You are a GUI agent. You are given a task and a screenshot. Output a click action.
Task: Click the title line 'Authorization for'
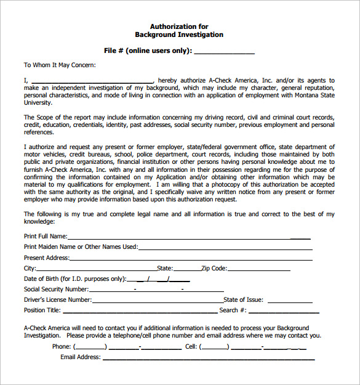pos(179,26)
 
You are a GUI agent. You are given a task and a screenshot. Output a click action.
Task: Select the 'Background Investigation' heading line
pos(179,35)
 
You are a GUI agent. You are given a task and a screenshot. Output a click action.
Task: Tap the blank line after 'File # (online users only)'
pos(224,51)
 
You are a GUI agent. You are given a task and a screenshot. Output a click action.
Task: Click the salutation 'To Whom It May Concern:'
pos(60,65)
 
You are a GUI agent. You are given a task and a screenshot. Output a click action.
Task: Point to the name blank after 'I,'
pos(92,80)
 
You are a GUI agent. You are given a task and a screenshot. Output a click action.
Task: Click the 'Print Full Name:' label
pos(46,236)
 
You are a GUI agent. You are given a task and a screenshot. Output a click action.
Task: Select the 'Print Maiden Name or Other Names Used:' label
pos(81,246)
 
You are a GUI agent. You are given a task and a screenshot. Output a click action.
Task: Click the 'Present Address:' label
pos(47,257)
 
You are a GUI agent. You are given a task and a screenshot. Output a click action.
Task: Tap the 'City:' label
pos(30,269)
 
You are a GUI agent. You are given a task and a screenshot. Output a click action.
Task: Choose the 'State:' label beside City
pos(165,269)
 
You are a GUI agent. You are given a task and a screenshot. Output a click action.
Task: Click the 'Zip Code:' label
pos(215,269)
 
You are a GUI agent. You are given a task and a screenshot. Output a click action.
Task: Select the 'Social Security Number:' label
pos(56,289)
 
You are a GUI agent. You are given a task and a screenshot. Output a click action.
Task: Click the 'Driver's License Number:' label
pos(58,300)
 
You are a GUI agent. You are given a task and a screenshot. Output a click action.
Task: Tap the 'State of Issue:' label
pos(244,300)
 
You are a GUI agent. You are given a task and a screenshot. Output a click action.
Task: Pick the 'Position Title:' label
pos(42,310)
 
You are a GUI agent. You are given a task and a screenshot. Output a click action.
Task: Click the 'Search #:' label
pos(233,310)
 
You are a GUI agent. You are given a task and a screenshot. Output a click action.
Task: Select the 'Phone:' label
pos(62,346)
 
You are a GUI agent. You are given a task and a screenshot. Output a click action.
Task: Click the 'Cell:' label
pos(191,346)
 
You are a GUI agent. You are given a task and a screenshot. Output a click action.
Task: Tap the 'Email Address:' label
pos(80,357)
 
